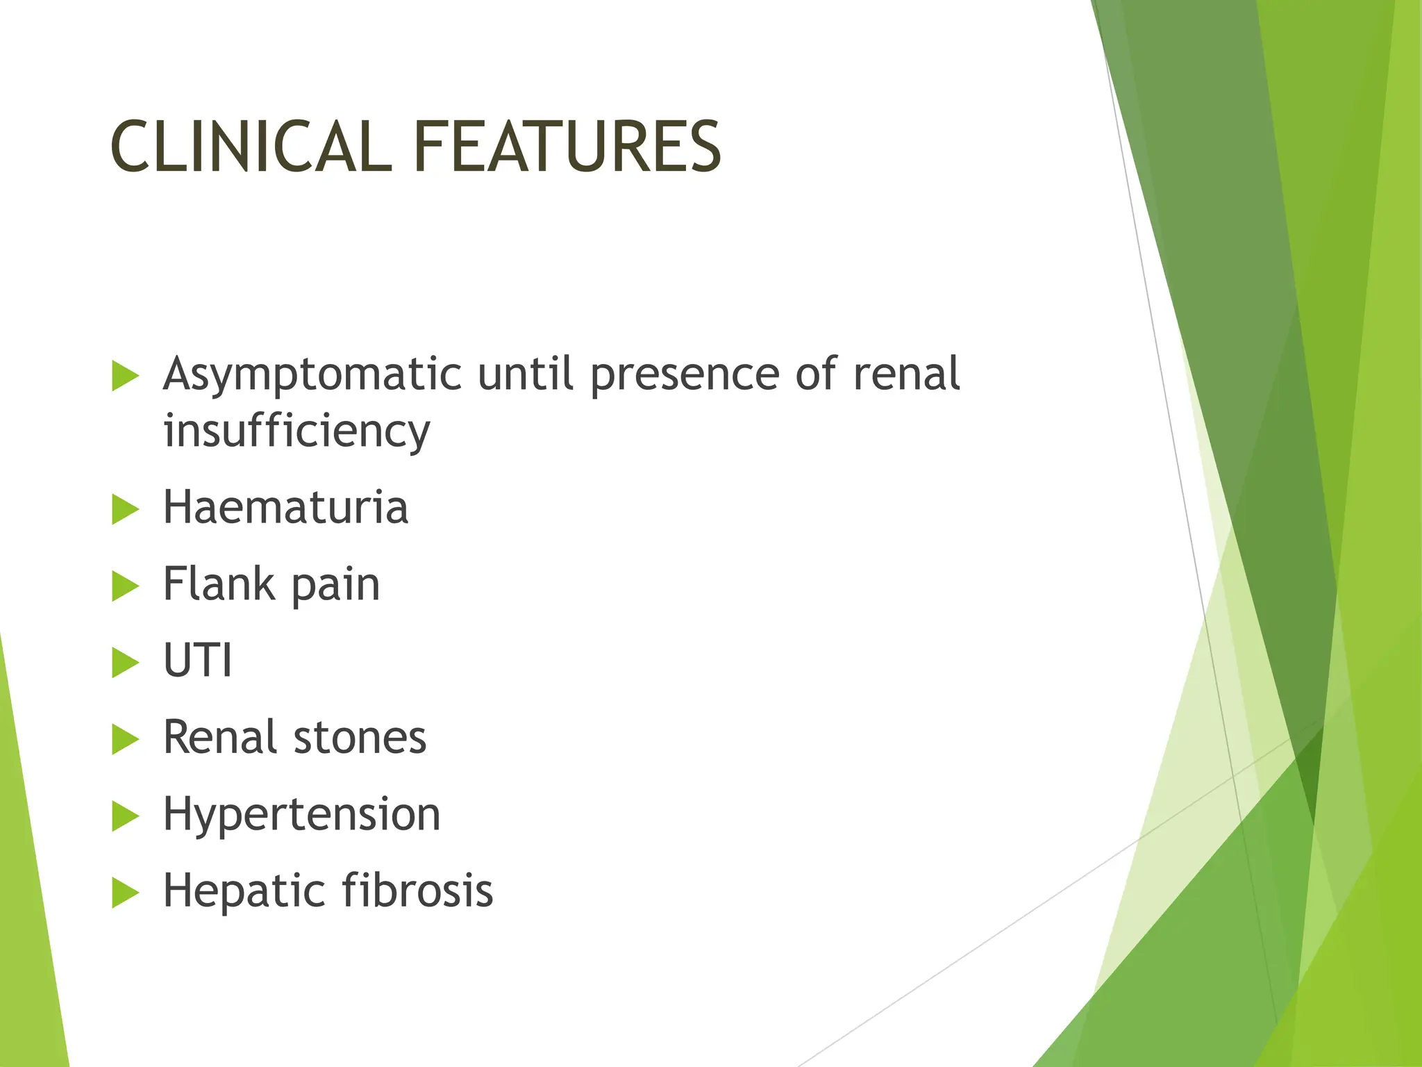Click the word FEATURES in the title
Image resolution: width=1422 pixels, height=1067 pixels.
[567, 147]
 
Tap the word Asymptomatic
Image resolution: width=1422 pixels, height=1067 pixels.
[312, 375]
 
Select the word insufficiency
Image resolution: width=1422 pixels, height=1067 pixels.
[296, 431]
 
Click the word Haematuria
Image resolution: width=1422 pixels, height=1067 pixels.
[285, 507]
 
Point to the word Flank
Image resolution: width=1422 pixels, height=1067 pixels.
[218, 584]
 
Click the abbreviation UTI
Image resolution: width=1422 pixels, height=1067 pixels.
[197, 660]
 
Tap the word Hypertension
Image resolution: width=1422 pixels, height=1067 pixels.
[301, 814]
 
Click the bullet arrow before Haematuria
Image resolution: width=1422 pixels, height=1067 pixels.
[125, 510]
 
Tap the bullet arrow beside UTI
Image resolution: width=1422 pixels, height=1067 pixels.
[125, 663]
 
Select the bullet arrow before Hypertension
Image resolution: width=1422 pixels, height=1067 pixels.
[125, 816]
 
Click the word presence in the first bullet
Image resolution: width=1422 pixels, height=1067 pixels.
[685, 375]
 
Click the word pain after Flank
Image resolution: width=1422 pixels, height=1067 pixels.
[335, 585]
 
